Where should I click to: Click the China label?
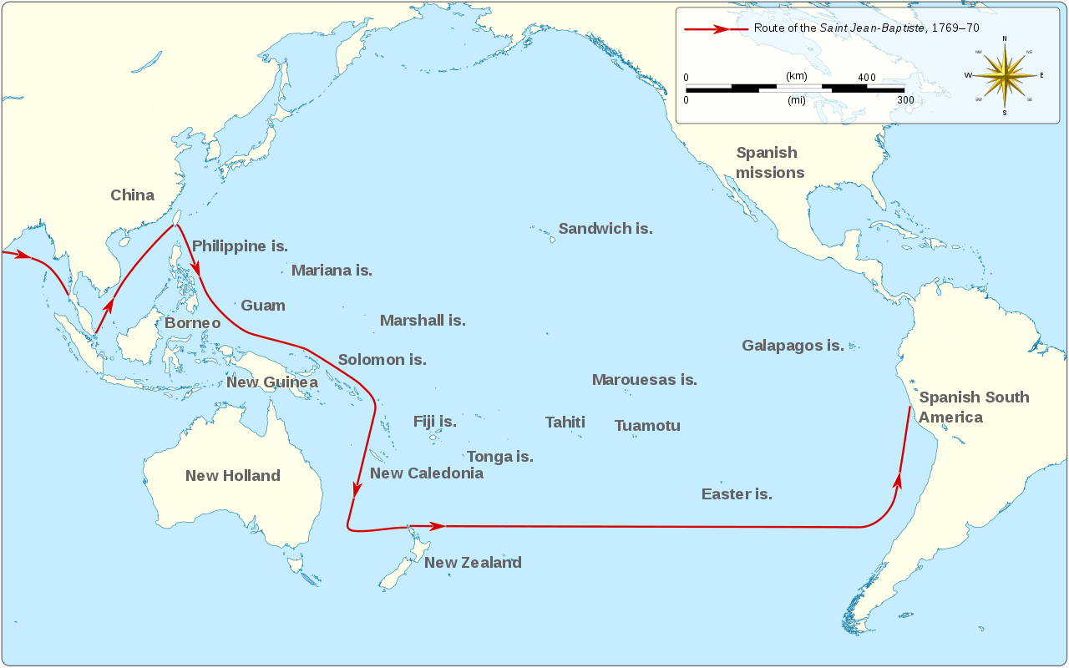click(x=132, y=195)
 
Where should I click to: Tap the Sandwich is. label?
click(x=605, y=229)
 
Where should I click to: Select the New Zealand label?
click(x=473, y=563)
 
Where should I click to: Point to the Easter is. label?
click(x=737, y=494)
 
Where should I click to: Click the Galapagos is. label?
click(x=793, y=346)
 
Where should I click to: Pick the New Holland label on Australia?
click(x=232, y=476)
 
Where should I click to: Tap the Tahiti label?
click(x=565, y=423)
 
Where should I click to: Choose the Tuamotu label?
click(x=647, y=426)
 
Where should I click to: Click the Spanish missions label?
click(x=769, y=163)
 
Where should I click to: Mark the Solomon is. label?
click(x=382, y=360)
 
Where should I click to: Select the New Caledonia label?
click(x=426, y=473)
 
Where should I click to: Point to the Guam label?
click(x=263, y=306)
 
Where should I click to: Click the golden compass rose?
click(x=1004, y=75)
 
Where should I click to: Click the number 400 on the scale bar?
click(x=867, y=78)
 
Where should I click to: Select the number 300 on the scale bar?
click(x=905, y=100)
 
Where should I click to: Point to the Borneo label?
click(x=192, y=323)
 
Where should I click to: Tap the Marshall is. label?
click(x=423, y=321)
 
